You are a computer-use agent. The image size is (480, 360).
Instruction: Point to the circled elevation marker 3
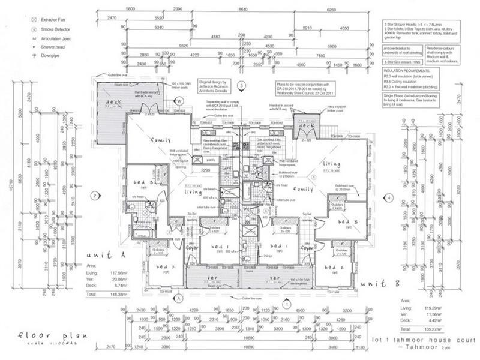[x=241, y=86]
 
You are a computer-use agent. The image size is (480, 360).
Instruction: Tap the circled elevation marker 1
[x=287, y=304]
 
